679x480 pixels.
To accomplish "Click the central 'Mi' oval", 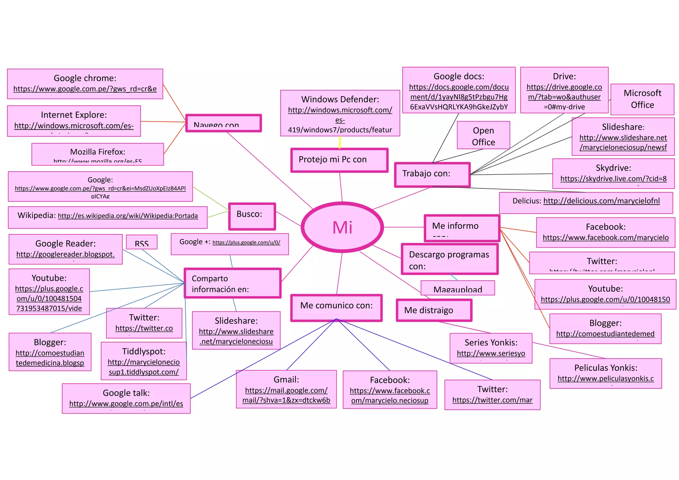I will click(342, 227).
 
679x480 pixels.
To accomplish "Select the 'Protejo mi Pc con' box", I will click(339, 160).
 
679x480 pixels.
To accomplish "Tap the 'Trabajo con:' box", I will click(432, 174).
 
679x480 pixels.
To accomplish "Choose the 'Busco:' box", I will click(252, 216).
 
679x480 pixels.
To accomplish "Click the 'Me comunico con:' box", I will click(336, 308).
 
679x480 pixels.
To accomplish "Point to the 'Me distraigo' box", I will click(434, 310).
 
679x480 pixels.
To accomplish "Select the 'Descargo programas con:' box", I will click(449, 259).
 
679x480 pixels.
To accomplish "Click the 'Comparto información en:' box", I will click(232, 283).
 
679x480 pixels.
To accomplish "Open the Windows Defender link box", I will click(340, 113).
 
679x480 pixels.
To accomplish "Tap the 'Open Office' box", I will click(483, 135).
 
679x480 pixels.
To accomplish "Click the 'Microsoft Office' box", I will click(642, 99).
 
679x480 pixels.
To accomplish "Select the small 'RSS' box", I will click(142, 242).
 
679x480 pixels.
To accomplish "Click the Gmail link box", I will click(286, 389).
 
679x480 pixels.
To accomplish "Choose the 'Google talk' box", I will click(126, 398).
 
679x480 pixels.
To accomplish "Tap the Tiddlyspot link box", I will click(144, 361).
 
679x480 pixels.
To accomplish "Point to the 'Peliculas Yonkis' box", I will click(605, 373).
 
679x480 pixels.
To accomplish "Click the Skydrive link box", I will click(613, 173).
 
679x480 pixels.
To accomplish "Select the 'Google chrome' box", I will click(85, 84).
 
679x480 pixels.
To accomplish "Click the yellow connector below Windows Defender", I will click(340, 143).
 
